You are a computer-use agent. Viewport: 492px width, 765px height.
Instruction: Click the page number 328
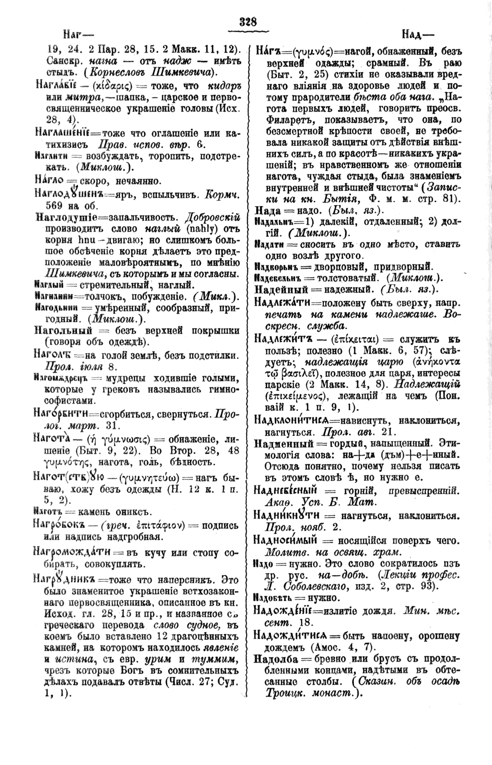248,21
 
